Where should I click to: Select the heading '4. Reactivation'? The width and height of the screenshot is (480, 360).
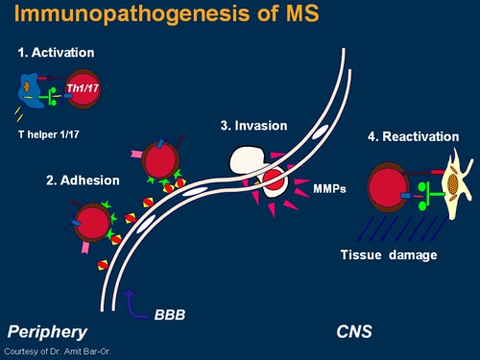414,137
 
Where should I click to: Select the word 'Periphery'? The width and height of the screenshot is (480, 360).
47,332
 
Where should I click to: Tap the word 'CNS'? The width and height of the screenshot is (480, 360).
355,332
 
